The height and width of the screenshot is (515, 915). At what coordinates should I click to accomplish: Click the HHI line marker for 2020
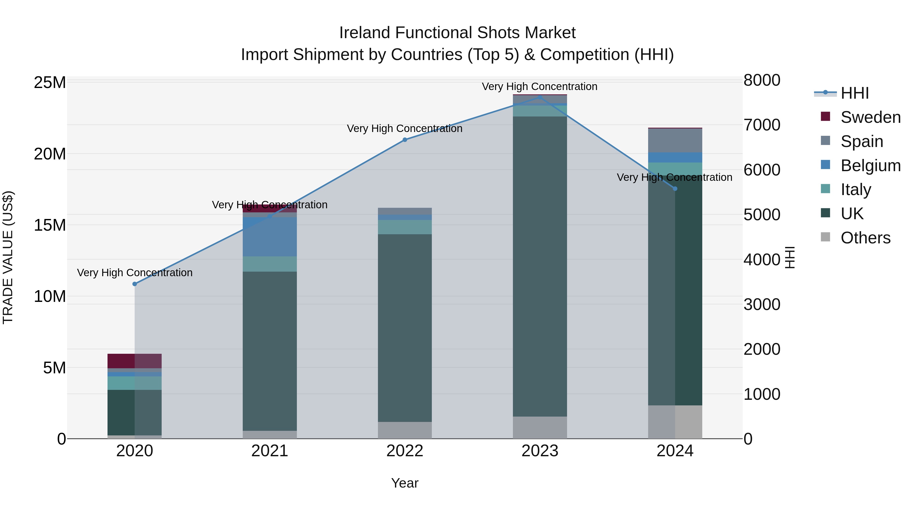pyautogui.click(x=135, y=284)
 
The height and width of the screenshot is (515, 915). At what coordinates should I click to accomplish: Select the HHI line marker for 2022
pyautogui.click(x=405, y=140)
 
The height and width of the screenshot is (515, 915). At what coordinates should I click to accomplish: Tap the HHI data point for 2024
pyautogui.click(x=675, y=189)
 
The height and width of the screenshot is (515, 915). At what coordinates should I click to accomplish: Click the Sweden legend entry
pyautogui.click(x=870, y=117)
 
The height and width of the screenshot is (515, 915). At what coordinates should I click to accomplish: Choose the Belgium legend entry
pyautogui.click(x=870, y=166)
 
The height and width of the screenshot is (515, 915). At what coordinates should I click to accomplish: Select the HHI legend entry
pyautogui.click(x=855, y=93)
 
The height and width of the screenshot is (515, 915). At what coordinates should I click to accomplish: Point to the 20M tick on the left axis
pyautogui.click(x=50, y=154)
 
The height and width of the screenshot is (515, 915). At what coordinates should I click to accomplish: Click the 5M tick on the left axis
pyautogui.click(x=54, y=368)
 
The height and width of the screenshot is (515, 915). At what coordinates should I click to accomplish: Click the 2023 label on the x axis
pyautogui.click(x=540, y=451)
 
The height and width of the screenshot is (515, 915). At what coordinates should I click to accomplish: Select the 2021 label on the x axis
pyautogui.click(x=270, y=451)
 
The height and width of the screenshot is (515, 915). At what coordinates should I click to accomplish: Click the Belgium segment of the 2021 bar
pyautogui.click(x=270, y=237)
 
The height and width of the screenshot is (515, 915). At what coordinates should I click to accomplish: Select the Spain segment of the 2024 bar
pyautogui.click(x=675, y=140)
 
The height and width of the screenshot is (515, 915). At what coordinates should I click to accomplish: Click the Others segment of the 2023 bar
pyautogui.click(x=540, y=428)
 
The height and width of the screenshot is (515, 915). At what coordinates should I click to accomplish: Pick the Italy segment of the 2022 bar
pyautogui.click(x=405, y=227)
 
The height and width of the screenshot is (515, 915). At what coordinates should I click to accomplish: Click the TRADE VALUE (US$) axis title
pyautogui.click(x=8, y=257)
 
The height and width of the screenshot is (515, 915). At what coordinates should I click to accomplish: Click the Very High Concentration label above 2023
pyautogui.click(x=540, y=87)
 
